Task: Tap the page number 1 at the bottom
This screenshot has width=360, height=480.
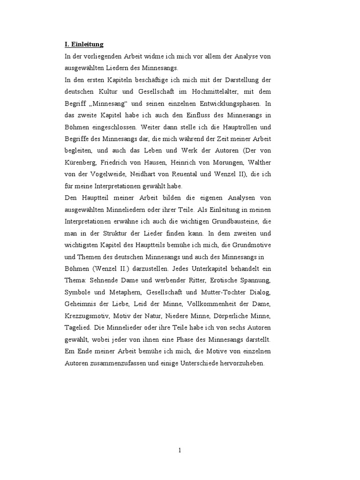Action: coord(180,450)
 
